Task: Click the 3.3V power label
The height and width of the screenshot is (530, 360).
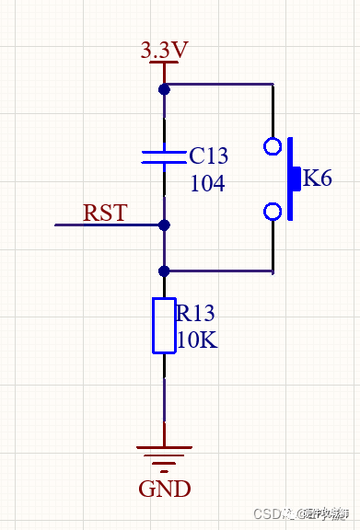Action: [x=165, y=50]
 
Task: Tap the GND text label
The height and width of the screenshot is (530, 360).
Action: [x=165, y=488]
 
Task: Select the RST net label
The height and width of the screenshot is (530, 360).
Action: [x=105, y=213]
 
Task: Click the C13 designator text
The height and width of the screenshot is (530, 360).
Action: [x=208, y=156]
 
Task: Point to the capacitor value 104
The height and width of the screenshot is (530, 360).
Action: [x=207, y=183]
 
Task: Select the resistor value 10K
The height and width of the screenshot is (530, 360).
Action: [x=197, y=340]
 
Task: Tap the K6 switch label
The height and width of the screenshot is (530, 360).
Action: [x=317, y=179]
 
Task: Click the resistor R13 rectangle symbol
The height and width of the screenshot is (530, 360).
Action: [x=164, y=326]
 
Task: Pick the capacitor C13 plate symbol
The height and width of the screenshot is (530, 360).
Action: [x=164, y=156]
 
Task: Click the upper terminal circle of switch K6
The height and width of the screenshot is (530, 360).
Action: [x=273, y=145]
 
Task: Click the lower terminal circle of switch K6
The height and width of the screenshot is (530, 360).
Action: [x=273, y=213]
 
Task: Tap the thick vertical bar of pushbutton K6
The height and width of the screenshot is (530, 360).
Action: [x=291, y=179]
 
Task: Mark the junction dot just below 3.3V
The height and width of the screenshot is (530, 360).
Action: [x=164, y=89]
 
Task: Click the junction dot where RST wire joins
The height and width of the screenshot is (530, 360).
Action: [x=164, y=225]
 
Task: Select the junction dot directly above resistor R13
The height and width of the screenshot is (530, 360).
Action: [x=164, y=271]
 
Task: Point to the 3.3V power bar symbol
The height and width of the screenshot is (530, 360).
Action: [x=164, y=63]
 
